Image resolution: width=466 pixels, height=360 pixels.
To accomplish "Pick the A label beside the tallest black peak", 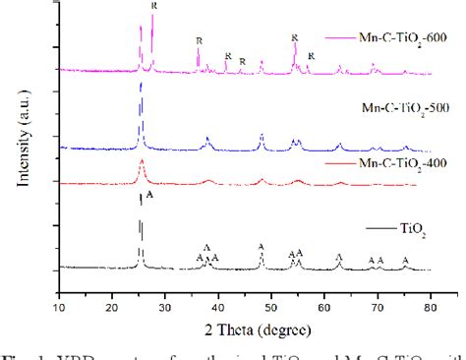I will pyautogui.click(x=150, y=197).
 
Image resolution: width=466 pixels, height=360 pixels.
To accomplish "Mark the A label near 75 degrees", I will pyautogui.click(x=405, y=260).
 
